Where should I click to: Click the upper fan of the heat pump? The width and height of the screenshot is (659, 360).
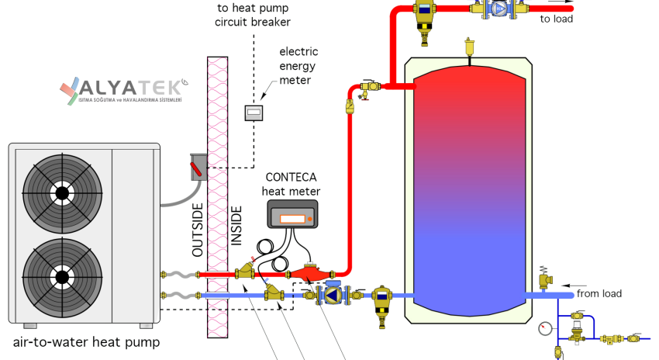click(62, 191)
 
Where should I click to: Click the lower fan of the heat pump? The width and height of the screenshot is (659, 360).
click(62, 275)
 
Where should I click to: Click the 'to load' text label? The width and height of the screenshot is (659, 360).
click(556, 18)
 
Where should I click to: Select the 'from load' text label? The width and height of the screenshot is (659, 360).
click(599, 293)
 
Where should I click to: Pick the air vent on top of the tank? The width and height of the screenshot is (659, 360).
click(468, 47)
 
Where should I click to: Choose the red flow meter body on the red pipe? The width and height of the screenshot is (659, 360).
click(309, 274)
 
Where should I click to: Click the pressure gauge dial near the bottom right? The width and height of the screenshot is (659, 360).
click(543, 327)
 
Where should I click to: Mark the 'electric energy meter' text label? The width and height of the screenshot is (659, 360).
click(298, 66)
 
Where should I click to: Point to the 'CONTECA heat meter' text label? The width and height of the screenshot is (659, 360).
click(291, 184)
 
